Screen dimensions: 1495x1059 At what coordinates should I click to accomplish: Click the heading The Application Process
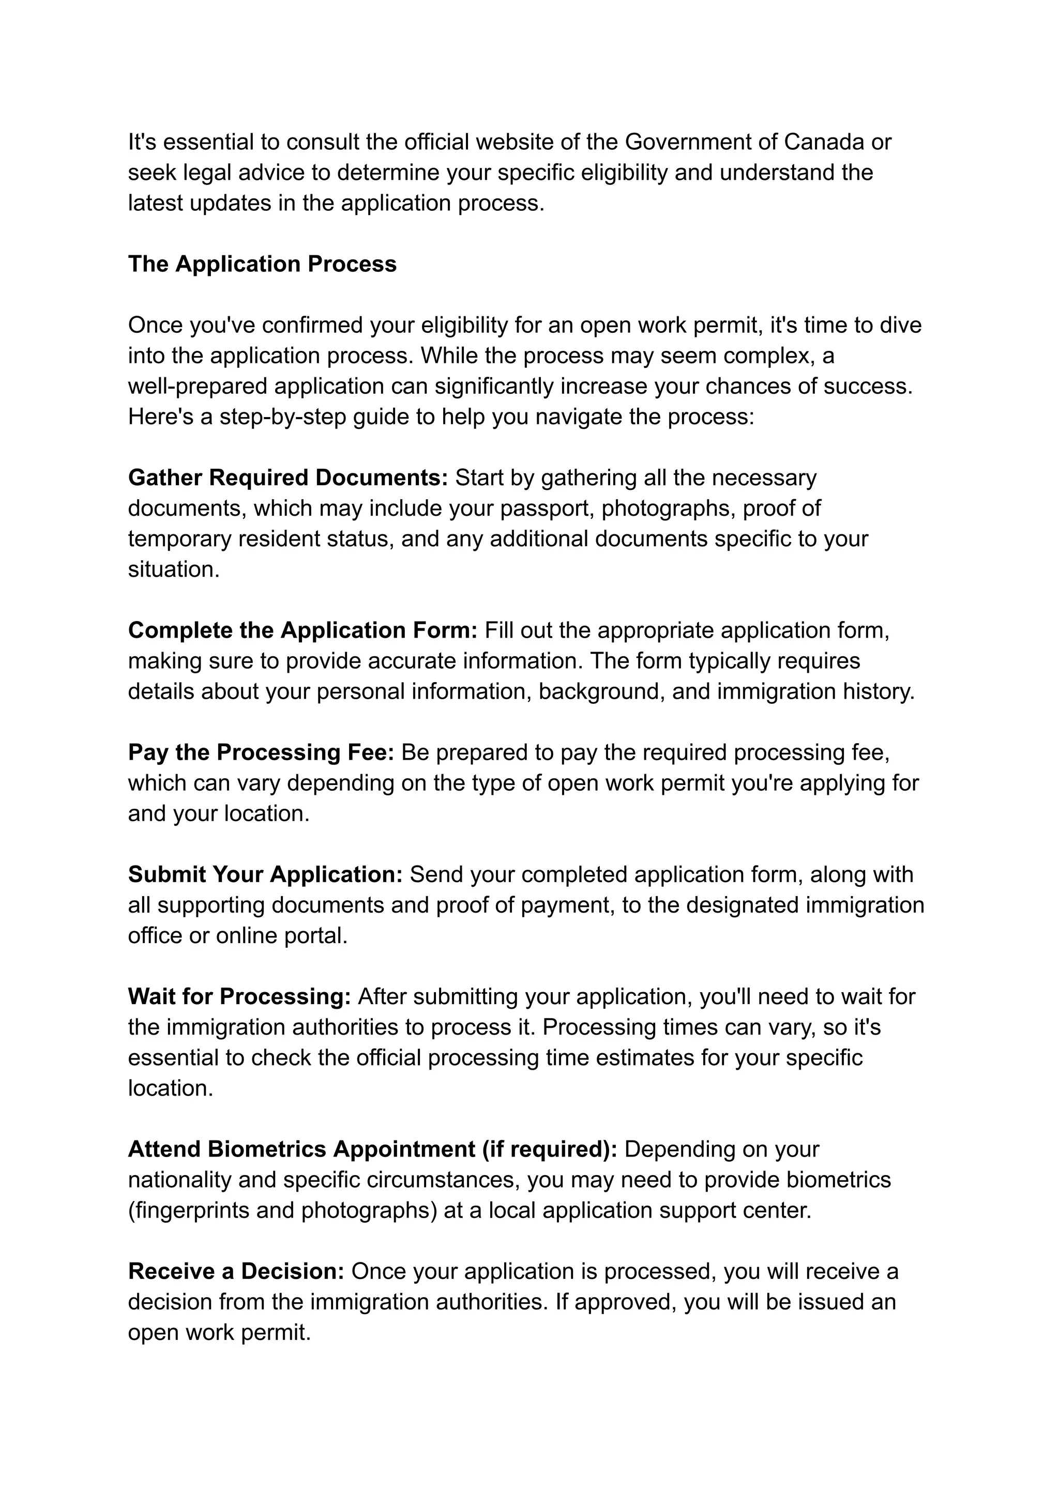(x=262, y=264)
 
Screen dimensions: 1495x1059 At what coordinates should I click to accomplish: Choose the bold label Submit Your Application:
(x=265, y=874)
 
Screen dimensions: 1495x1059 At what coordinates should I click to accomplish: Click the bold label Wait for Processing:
(x=239, y=996)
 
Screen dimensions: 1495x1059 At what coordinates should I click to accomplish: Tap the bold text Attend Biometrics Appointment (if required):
(x=372, y=1149)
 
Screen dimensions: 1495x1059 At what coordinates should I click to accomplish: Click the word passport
(x=547, y=508)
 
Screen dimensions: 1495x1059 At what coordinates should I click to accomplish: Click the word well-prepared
(x=198, y=386)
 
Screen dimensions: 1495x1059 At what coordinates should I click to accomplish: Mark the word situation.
(x=173, y=569)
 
